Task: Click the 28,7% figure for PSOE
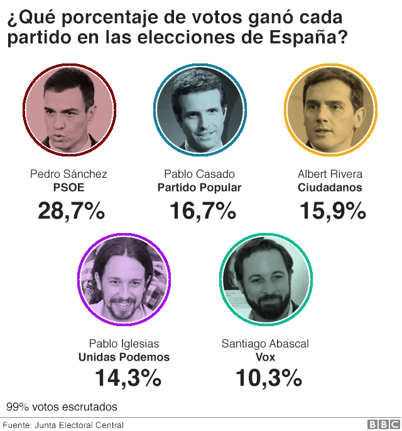(71, 211)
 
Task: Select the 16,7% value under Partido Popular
(202, 211)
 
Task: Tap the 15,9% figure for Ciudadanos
(332, 211)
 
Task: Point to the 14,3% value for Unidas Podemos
(128, 378)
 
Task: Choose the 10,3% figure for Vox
(268, 378)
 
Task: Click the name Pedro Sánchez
(68, 174)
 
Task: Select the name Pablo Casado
(199, 174)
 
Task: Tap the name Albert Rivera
(330, 174)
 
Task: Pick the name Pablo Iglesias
(124, 344)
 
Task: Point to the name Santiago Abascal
(265, 344)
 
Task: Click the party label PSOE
(68, 187)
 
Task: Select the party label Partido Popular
(199, 187)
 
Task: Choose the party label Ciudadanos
(330, 187)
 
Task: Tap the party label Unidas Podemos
(124, 357)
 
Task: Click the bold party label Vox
(265, 357)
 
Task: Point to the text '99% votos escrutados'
(62, 406)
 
